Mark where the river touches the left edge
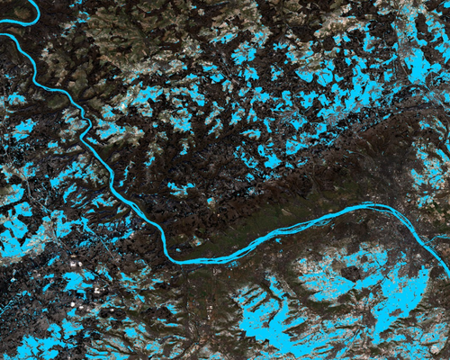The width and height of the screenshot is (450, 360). (x=2, y=35)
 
